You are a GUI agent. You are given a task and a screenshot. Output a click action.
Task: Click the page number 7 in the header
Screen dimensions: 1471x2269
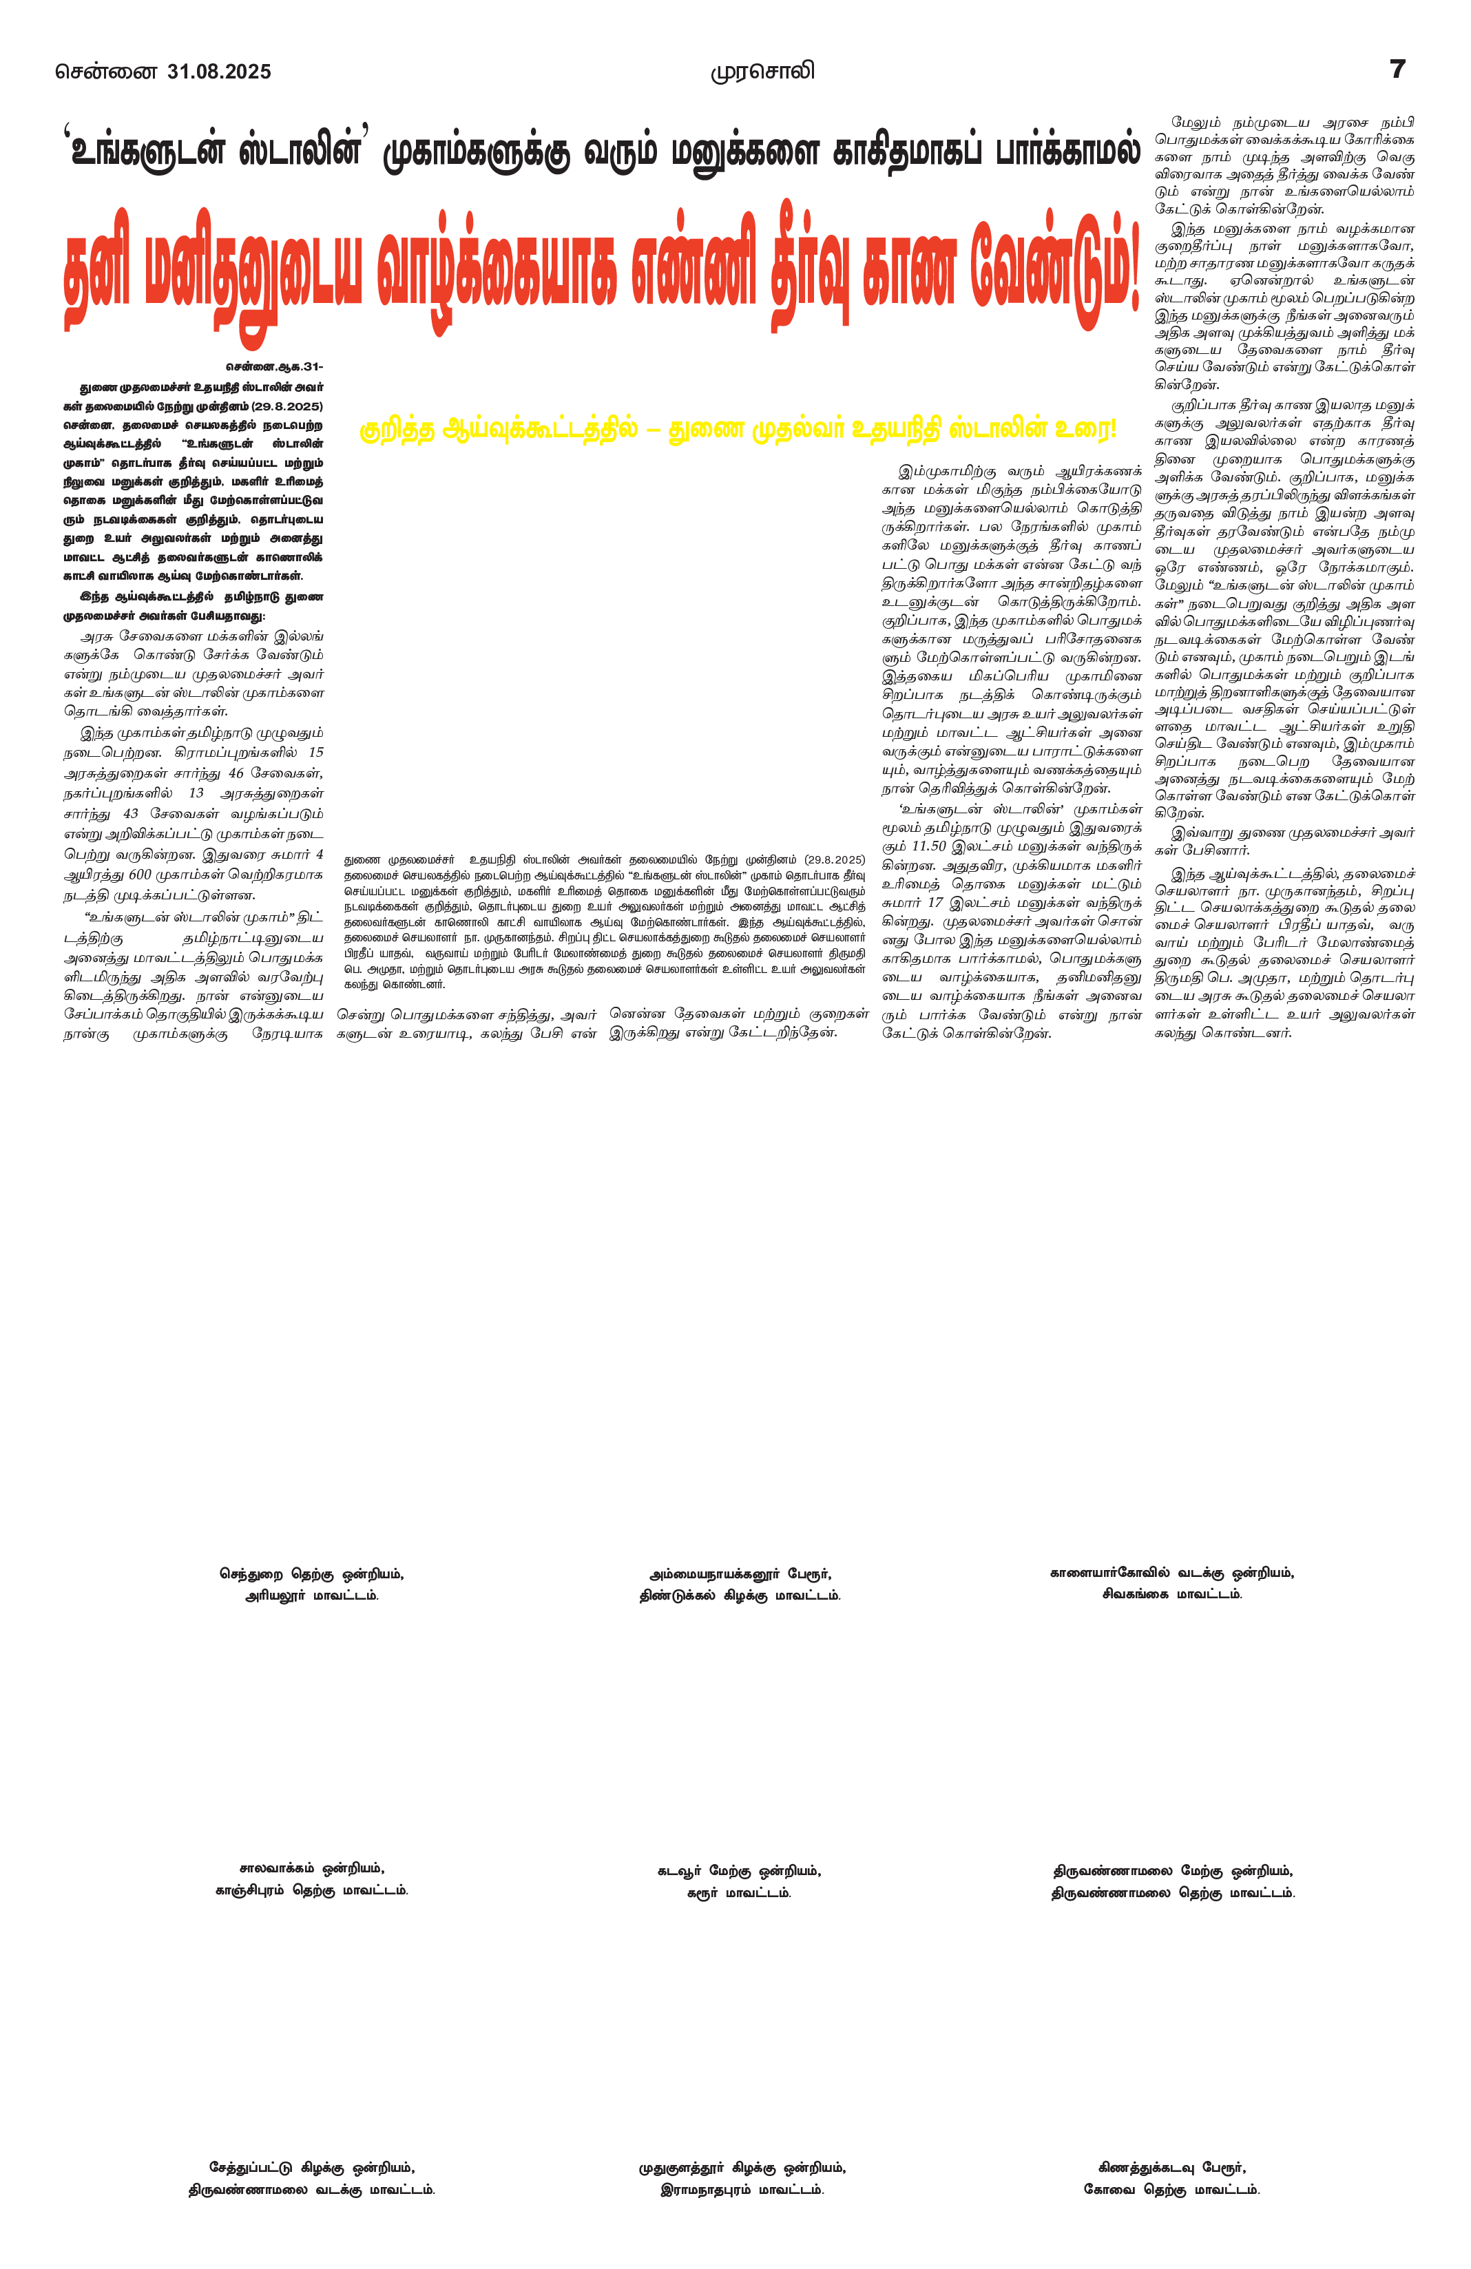1397,69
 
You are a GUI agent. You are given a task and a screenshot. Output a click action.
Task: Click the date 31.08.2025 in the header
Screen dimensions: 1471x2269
218,72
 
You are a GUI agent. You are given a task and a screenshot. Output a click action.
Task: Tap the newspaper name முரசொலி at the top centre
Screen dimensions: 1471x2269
762,72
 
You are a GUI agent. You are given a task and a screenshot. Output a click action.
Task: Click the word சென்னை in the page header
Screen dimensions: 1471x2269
106,72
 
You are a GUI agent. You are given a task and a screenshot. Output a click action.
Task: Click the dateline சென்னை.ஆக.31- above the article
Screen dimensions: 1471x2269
275,367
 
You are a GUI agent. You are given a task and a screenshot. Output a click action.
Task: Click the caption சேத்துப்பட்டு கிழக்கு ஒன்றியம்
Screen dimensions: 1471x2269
312,2167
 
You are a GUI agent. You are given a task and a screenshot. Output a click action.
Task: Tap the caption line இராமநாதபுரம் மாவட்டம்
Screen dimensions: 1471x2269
742,2190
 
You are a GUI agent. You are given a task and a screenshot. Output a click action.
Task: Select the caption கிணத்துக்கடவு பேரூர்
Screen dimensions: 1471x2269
1171,2167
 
